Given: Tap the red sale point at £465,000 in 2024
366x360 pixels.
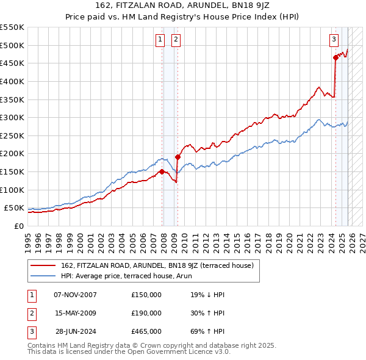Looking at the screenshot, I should (x=335, y=57).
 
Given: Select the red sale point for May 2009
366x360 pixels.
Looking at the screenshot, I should (x=178, y=157).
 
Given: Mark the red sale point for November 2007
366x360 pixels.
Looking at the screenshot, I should (x=162, y=171).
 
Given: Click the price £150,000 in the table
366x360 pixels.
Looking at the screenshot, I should (x=146, y=295).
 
